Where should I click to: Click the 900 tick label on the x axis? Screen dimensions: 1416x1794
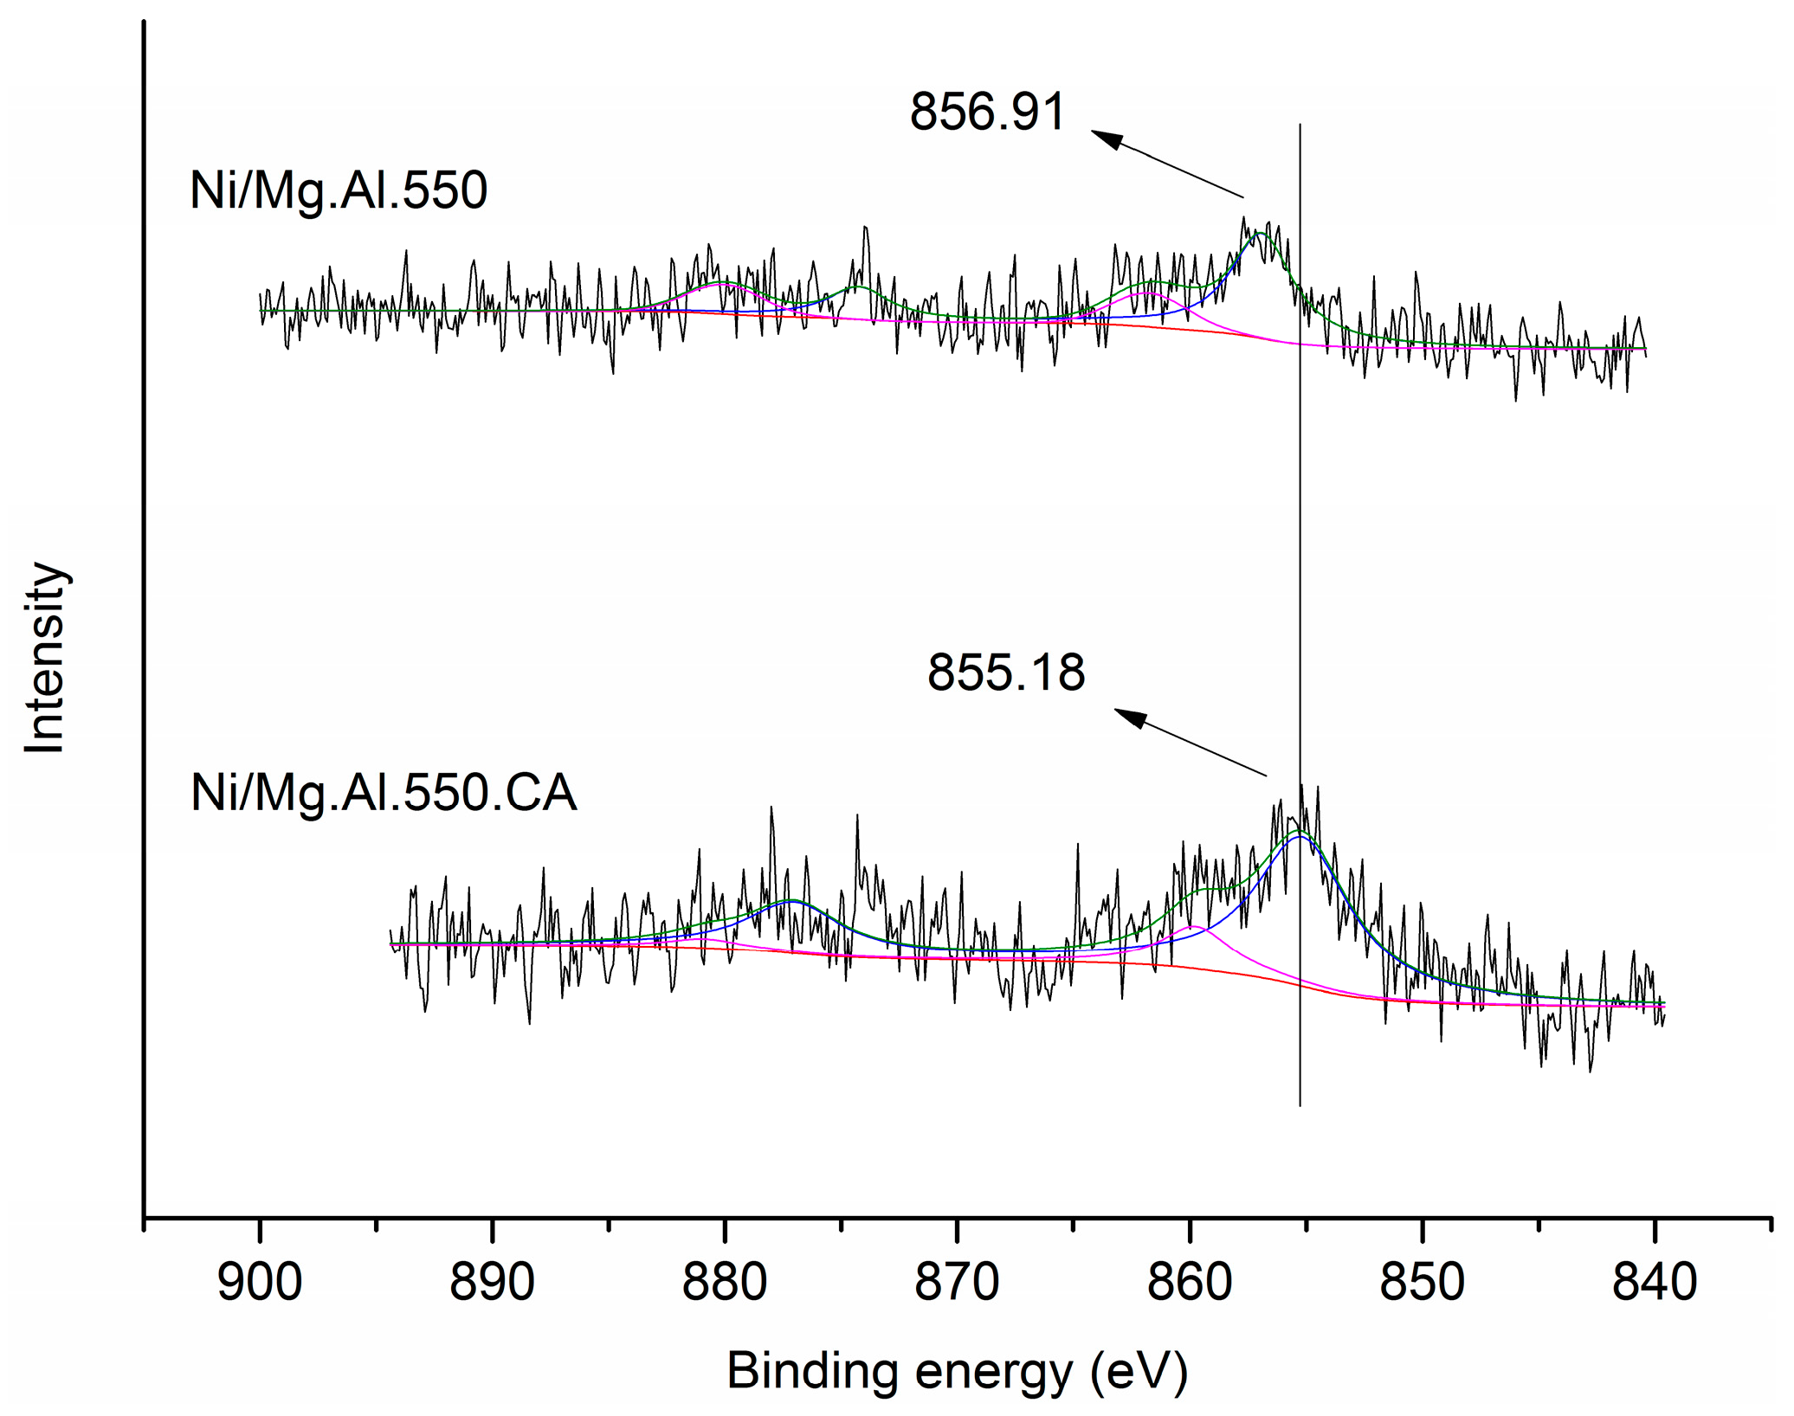260,1283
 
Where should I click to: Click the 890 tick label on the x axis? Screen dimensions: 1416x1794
492,1283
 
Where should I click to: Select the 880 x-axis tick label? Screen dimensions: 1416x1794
724,1283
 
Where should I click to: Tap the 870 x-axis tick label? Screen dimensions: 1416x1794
957,1283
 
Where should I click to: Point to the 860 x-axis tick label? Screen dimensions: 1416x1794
1190,1283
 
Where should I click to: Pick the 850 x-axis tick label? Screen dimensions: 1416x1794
1422,1283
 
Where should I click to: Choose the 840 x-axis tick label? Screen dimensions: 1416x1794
1655,1283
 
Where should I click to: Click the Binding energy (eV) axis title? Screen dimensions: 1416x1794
957,1372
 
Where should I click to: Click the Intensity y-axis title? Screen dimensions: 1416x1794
45,658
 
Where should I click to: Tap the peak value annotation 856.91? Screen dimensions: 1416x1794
986,113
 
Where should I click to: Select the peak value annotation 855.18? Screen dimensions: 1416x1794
1005,673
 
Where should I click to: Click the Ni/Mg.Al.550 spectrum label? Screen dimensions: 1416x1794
339,190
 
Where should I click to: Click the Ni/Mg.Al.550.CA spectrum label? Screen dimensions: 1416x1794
383,793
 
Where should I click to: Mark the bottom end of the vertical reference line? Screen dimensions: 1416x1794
1300,1105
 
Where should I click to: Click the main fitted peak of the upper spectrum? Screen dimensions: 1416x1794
1260,234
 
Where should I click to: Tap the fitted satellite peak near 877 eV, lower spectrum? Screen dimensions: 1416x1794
791,901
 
